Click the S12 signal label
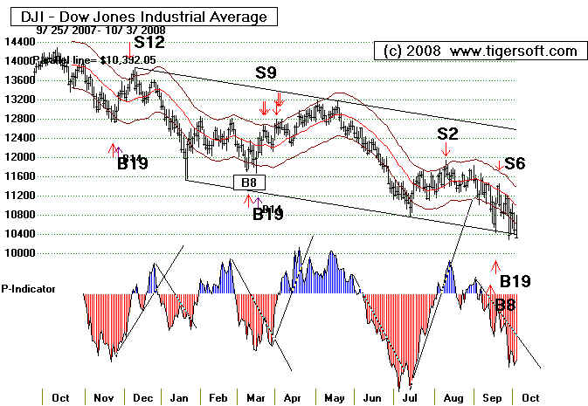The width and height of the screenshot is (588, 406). (149, 41)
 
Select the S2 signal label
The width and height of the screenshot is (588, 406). (447, 134)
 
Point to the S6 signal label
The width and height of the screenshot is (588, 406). (515, 162)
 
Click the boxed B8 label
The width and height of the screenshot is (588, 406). (248, 182)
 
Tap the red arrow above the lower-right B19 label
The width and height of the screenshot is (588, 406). (495, 266)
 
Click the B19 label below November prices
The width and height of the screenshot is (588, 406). (133, 163)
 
